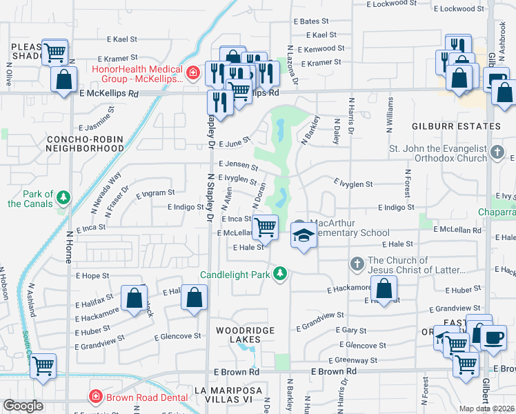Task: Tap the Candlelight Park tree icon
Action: coord(280,275)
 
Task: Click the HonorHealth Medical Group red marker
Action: coord(194,71)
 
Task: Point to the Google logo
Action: coord(23,406)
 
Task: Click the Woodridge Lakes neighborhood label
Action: coord(245,331)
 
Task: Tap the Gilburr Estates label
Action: coord(455,127)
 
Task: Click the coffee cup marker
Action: coord(493,337)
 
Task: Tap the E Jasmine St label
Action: coord(101,128)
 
